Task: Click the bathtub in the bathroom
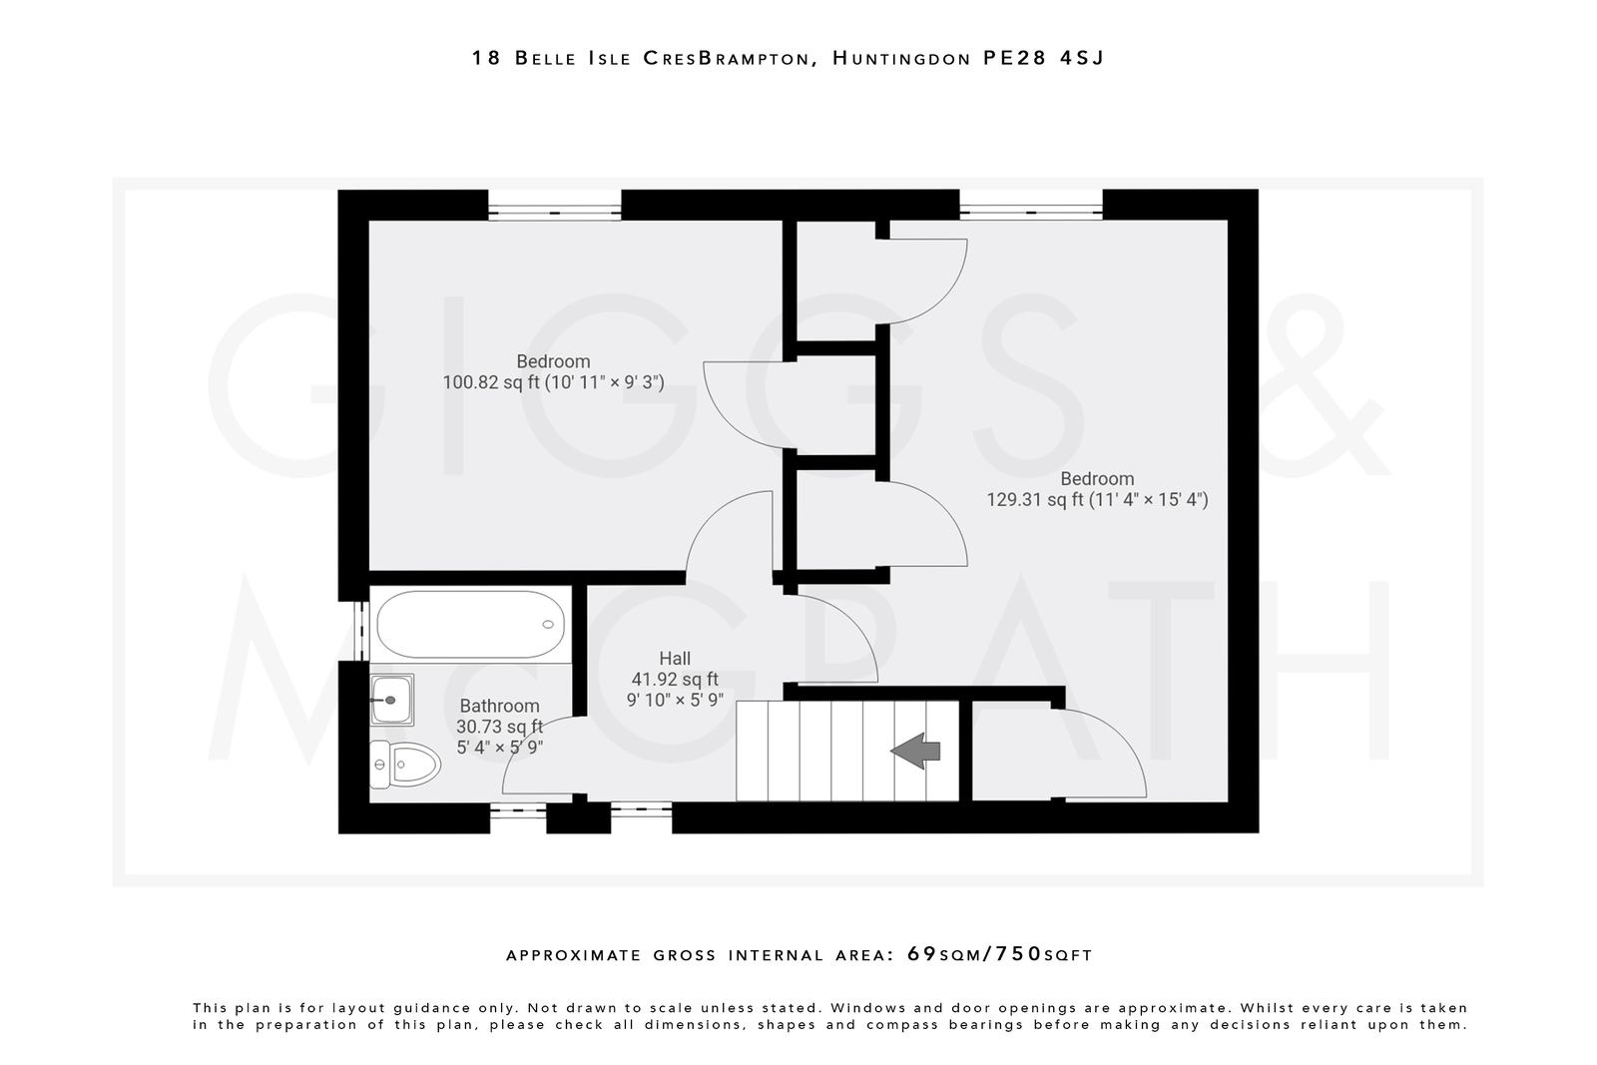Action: pyautogui.click(x=470, y=624)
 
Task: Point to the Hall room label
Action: pyautogui.click(x=675, y=658)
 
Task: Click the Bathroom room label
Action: pyautogui.click(x=499, y=706)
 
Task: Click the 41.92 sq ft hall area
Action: pyautogui.click(x=675, y=679)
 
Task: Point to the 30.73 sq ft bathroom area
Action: pyautogui.click(x=499, y=727)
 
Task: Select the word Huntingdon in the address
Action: pyautogui.click(x=900, y=58)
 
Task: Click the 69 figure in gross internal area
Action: pyautogui.click(x=922, y=953)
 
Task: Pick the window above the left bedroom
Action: pyautogui.click(x=554, y=212)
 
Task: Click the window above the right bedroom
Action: pyautogui.click(x=1031, y=212)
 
